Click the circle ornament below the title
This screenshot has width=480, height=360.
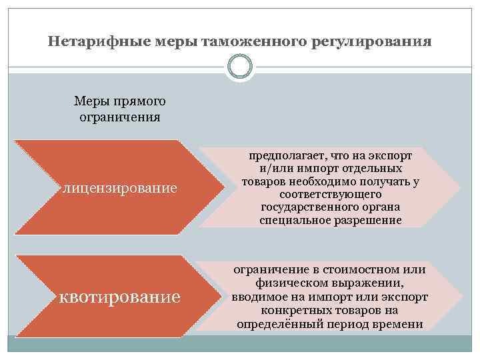[240, 67]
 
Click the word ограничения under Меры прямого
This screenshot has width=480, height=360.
[119, 117]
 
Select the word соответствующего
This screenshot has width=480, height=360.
[331, 195]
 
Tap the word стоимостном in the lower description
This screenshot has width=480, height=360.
[361, 270]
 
